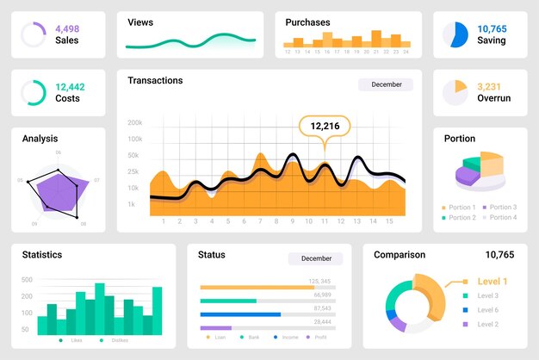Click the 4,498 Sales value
(x=67, y=28)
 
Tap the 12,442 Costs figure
(x=70, y=87)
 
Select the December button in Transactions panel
(x=385, y=84)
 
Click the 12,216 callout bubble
(x=325, y=127)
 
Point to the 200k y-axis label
(x=135, y=123)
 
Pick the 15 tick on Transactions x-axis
(x=389, y=221)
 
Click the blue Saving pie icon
(x=455, y=34)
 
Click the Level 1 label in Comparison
(x=492, y=282)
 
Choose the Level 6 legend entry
(x=487, y=310)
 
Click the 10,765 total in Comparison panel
(x=499, y=255)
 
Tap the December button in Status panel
(x=315, y=258)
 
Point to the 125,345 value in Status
(x=319, y=281)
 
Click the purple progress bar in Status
(x=216, y=328)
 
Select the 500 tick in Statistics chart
(x=27, y=279)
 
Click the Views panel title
(x=140, y=22)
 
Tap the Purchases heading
(x=307, y=22)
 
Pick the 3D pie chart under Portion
(x=480, y=171)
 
